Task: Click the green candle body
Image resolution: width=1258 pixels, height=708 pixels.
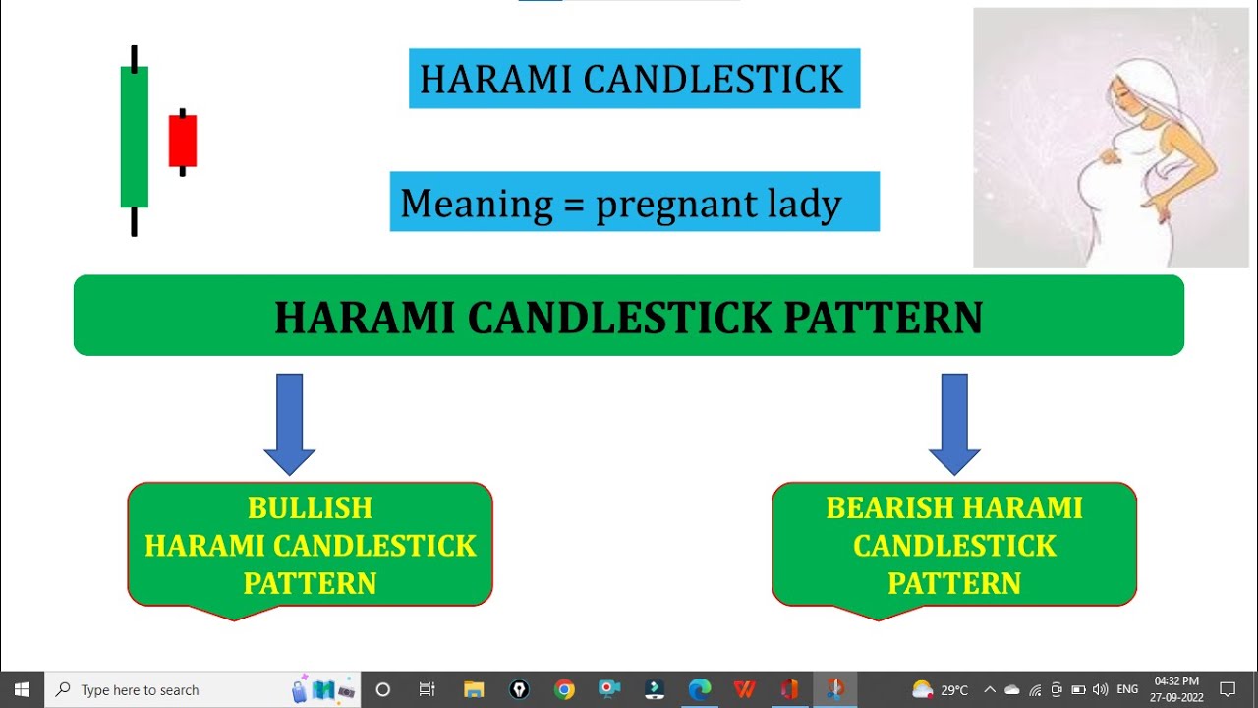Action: (x=135, y=137)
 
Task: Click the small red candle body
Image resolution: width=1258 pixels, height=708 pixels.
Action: (x=183, y=141)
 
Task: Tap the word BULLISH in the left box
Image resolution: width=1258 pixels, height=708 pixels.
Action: (x=310, y=508)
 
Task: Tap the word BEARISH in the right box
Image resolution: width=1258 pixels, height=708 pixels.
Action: (x=890, y=508)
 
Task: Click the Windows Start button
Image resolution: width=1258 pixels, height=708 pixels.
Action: (x=22, y=689)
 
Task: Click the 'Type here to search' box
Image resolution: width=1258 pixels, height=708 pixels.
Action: (x=177, y=690)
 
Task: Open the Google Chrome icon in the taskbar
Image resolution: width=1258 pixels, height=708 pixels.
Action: (x=564, y=689)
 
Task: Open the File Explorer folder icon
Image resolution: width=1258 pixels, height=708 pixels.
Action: (x=474, y=689)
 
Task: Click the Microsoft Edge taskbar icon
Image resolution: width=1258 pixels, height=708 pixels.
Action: (x=699, y=689)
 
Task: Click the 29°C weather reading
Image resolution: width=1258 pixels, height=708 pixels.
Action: (x=954, y=690)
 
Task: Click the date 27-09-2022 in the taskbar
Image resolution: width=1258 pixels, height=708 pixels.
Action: (x=1175, y=697)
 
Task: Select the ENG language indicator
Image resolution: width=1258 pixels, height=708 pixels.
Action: (x=1127, y=690)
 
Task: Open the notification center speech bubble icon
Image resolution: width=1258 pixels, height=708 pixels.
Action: (x=1228, y=689)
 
